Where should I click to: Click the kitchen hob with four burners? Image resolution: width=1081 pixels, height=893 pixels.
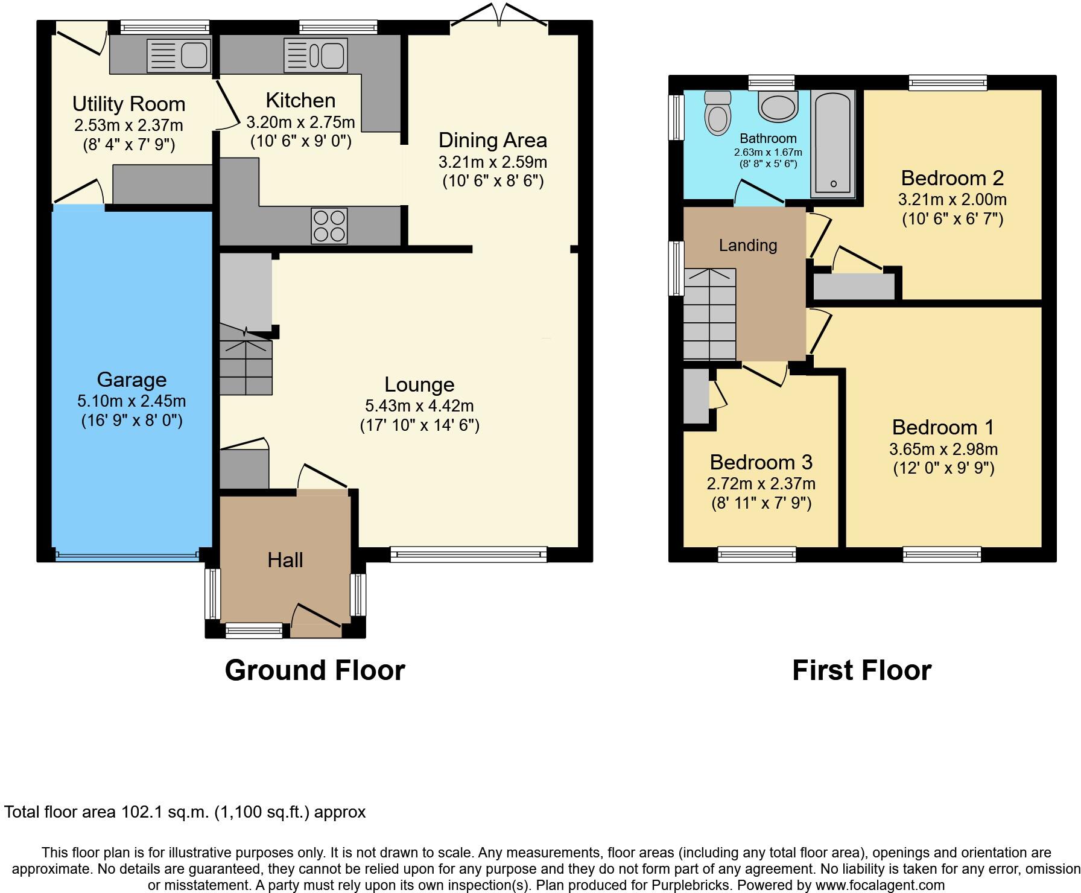tap(329, 226)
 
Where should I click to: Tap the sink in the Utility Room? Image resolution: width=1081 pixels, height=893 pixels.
tap(179, 55)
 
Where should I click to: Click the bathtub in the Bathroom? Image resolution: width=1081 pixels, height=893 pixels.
tap(832, 143)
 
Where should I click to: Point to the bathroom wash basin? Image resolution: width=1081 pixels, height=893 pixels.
tap(778, 107)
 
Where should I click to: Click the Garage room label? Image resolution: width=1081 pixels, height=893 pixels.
tap(132, 380)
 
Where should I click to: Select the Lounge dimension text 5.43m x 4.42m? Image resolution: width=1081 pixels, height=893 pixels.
tap(419, 405)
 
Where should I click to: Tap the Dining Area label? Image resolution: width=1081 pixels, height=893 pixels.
tap(492, 140)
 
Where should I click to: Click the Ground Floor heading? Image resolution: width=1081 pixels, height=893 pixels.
tap(314, 670)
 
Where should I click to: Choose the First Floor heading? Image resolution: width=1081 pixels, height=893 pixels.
tap(861, 670)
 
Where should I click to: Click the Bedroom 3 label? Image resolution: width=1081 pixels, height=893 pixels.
tap(761, 462)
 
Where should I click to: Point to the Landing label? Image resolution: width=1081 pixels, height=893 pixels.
tap(747, 245)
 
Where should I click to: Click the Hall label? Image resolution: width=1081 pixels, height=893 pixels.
tap(285, 560)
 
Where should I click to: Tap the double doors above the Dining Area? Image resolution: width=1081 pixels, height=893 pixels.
tap(499, 15)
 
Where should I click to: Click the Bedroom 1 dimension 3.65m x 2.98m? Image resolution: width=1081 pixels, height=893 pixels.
tap(943, 449)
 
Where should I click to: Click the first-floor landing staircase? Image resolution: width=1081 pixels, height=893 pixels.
tap(709, 314)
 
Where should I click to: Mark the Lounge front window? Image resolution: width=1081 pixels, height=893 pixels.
tap(468, 553)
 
